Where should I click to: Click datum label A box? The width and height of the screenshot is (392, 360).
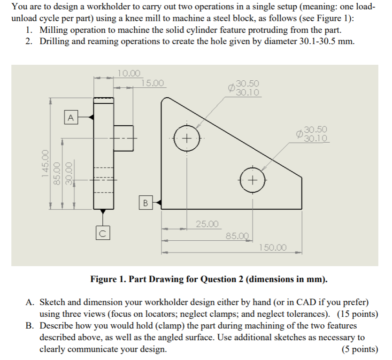71,116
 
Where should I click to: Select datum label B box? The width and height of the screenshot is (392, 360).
145,203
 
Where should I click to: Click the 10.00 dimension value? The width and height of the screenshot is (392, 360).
129,73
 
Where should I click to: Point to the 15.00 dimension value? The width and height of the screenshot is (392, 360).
153,84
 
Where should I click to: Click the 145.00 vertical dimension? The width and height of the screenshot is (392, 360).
46,162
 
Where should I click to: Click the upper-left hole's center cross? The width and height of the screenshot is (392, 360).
186,139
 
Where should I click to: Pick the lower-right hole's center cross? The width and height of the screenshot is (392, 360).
253,180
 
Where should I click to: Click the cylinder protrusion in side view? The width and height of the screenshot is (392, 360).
123,138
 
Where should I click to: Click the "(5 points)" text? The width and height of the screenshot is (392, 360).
360,349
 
